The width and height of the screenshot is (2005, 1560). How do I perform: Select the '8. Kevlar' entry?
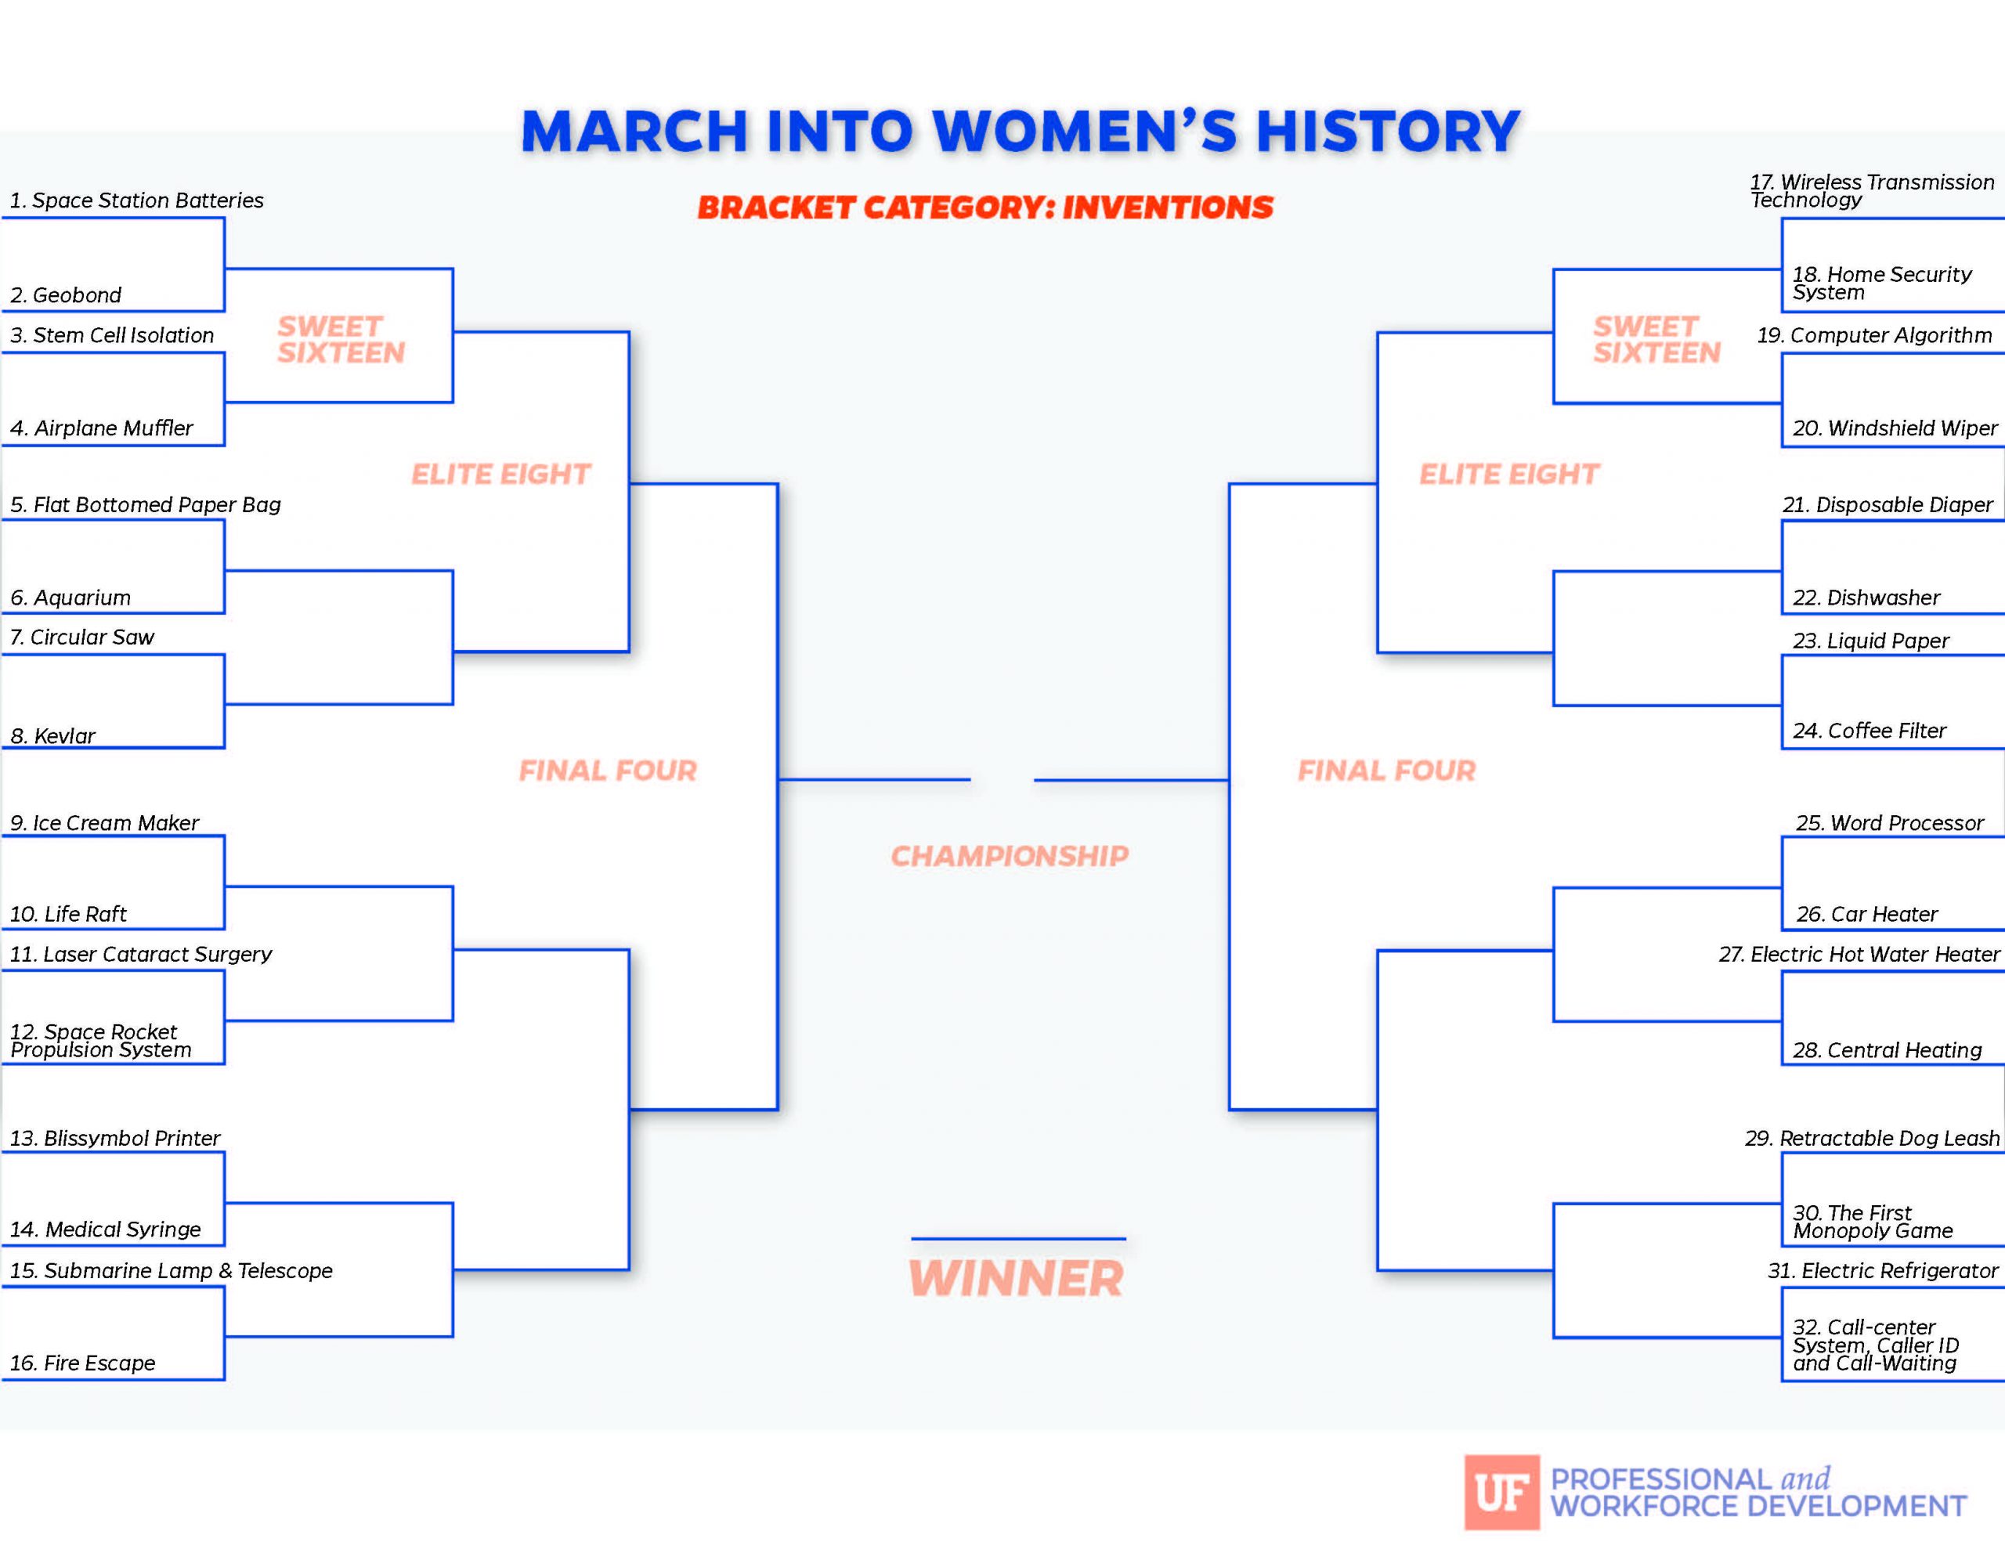pos(52,735)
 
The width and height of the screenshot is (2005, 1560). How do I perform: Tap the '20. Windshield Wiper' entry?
pos(1895,428)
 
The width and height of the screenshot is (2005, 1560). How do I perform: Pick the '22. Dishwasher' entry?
pos(1866,598)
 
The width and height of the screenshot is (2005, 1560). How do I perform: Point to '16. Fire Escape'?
pos(82,1363)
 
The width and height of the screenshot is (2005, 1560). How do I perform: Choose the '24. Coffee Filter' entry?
pos(1870,731)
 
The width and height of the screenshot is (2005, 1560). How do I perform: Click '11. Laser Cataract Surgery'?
pos(140,954)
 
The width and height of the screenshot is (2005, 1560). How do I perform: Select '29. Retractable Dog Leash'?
pos(1872,1139)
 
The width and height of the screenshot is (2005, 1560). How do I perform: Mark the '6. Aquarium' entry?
pos(70,598)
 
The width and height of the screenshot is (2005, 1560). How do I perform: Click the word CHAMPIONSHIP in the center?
pos(1010,856)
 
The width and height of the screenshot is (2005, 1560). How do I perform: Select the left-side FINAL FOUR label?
pos(608,771)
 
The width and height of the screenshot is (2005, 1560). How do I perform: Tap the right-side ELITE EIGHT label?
pos(1509,474)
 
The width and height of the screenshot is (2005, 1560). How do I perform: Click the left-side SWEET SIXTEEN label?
pos(341,340)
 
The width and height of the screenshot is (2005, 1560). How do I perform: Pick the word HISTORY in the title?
pos(1387,132)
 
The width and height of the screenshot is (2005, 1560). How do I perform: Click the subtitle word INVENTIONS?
pos(1168,208)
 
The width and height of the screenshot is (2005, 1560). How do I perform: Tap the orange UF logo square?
pos(1502,1492)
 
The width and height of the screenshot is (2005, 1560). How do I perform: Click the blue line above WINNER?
pos(1018,1239)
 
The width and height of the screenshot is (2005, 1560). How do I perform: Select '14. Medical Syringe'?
pos(106,1230)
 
